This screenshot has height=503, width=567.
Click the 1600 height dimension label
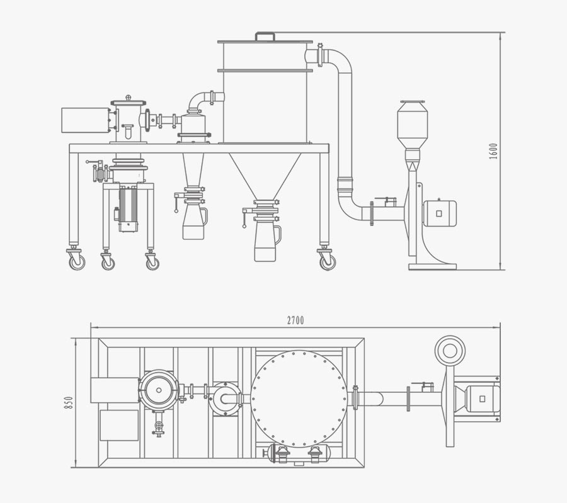493,151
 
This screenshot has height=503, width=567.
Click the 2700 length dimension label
295,320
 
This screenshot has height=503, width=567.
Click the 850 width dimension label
69,402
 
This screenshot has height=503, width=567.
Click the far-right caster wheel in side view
327,261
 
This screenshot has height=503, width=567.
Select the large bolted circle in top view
299,398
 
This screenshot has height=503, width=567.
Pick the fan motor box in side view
440,213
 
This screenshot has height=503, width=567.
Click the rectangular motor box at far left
86,120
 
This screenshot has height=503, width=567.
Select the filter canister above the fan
412,124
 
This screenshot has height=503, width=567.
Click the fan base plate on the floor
432,266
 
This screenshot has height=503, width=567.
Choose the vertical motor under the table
129,208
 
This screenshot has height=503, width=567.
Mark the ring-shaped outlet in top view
450,351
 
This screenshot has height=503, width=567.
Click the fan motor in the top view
481,398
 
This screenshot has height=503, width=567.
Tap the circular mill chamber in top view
159,390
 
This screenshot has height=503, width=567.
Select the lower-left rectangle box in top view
118,425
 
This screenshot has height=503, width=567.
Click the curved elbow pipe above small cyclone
200,99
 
